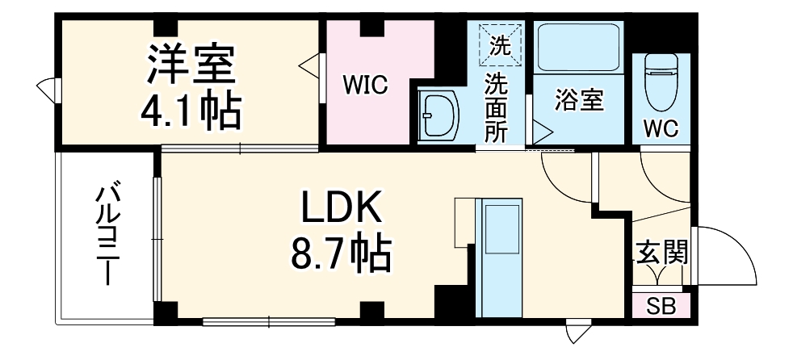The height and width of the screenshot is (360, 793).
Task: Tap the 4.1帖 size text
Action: click(191, 112)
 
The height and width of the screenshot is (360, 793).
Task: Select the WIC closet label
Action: click(366, 84)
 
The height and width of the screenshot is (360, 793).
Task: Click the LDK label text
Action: click(341, 211)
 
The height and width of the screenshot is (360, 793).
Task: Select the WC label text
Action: click(660, 128)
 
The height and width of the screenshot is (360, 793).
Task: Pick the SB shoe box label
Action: click(662, 308)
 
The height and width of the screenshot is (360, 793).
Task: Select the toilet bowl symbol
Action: click(661, 85)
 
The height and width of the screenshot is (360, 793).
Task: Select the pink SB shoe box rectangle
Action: click(662, 308)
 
